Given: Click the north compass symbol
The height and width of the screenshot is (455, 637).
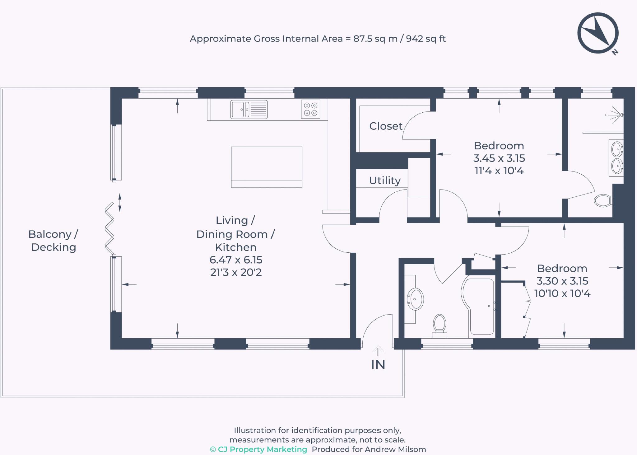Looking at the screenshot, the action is tap(598, 34).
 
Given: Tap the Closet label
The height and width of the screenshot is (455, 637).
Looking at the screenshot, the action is tap(386, 126).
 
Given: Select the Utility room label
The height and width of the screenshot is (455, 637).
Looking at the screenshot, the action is tap(385, 181).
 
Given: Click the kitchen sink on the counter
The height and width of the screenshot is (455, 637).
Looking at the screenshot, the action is tap(249, 109).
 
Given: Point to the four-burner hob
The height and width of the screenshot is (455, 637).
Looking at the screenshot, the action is tap(310, 109).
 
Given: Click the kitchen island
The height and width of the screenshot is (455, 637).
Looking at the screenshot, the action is tap(267, 167).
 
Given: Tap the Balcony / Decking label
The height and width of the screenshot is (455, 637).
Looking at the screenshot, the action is tap(53, 241).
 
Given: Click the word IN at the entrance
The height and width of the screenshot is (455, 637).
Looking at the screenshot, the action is tap(378, 365).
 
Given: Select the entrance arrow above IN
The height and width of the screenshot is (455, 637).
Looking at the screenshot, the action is tap(378, 351).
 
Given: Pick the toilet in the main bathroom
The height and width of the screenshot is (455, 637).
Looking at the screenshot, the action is tap(439, 326).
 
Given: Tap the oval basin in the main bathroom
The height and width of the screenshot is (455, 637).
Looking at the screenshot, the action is tap(415, 299).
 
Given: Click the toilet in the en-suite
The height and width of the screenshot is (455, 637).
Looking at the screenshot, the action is tap(603, 200).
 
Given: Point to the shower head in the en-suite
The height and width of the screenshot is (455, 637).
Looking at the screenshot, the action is tap(614, 115).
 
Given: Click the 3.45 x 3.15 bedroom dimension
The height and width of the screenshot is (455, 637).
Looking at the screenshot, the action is tap(499, 158).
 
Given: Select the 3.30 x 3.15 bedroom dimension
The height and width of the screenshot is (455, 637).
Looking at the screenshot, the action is tap(562, 281).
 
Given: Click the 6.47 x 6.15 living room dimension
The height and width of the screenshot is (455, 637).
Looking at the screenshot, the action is tap(236, 260).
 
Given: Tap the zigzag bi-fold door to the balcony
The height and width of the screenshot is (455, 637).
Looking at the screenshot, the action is tap(109, 229).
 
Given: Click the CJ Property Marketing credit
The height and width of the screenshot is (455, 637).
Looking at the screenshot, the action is tap(258, 449).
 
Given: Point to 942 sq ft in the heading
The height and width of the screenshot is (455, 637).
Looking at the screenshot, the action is tap(426, 39).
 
